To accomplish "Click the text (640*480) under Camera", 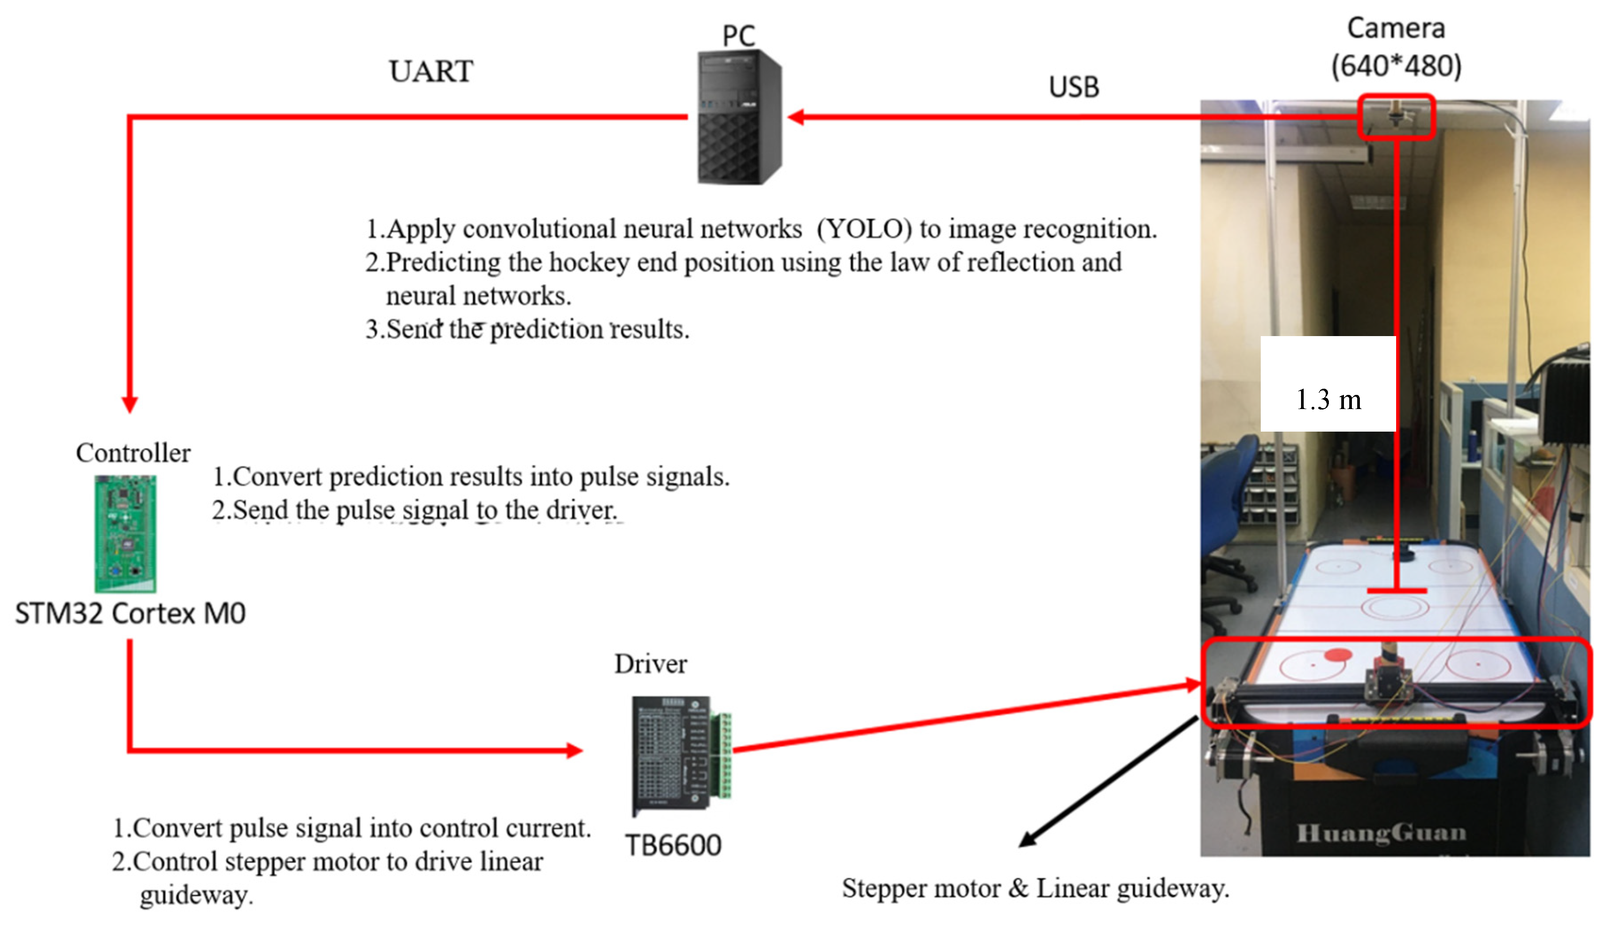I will click(1396, 66).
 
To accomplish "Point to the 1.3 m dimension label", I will click(1328, 400).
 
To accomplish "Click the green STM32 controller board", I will click(125, 533).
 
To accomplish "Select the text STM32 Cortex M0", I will click(131, 614).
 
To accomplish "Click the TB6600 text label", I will click(673, 846).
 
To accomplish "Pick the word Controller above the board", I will click(133, 453).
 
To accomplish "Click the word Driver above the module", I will click(650, 664).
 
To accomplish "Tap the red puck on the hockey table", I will click(1337, 654).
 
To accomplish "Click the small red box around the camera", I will click(1396, 117).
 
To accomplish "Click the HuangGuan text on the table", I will click(1380, 833).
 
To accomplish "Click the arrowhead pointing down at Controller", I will click(130, 406).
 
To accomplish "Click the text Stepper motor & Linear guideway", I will click(1035, 888).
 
